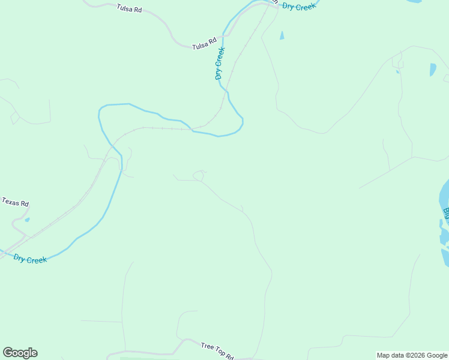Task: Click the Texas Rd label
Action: click(15, 203)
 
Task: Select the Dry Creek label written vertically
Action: click(220, 63)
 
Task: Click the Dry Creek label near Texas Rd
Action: click(30, 258)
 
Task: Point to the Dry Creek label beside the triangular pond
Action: click(298, 7)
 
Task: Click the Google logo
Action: click(20, 353)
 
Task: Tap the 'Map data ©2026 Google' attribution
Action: click(412, 355)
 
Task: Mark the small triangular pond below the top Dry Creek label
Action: click(282, 35)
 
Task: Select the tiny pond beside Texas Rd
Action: click(27, 220)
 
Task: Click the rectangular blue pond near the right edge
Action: click(433, 70)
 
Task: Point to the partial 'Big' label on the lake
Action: click(446, 213)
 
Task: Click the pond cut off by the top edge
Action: click(414, 2)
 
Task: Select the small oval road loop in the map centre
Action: click(199, 175)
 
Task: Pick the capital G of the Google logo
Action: click(8, 353)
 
